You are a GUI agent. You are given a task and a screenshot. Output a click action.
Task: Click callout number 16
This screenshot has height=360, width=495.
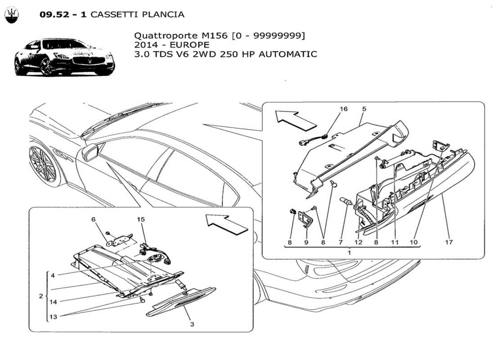pyautogui.click(x=343, y=109)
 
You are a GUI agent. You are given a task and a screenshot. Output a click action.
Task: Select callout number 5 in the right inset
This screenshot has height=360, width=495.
pyautogui.click(x=364, y=109)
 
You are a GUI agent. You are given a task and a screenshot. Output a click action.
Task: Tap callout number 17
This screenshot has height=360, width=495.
pyautogui.click(x=449, y=243)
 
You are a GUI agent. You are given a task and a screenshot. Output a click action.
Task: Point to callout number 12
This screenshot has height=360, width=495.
pyautogui.click(x=358, y=243)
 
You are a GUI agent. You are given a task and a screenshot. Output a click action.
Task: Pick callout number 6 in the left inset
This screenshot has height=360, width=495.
pyautogui.click(x=94, y=219)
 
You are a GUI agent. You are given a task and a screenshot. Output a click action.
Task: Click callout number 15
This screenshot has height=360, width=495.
pyautogui.click(x=141, y=219)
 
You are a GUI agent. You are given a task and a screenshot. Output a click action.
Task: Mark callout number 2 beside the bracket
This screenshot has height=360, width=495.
pyautogui.click(x=41, y=296)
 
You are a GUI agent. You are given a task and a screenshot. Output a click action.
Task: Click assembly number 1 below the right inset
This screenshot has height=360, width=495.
pyautogui.click(x=349, y=253)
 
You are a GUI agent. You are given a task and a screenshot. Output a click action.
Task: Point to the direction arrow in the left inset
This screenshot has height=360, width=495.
pyautogui.click(x=226, y=224)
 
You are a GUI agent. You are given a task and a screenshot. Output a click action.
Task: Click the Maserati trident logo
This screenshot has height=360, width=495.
pyautogui.click(x=12, y=16)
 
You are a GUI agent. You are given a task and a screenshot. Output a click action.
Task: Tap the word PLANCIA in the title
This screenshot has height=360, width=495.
pyautogui.click(x=163, y=14)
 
